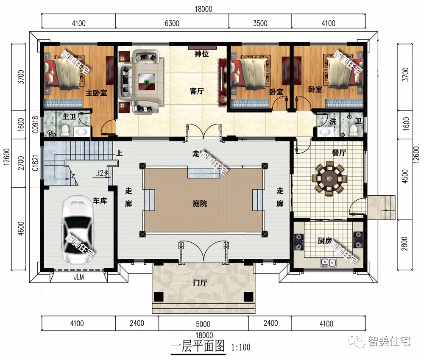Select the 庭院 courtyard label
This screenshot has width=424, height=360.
pyautogui.click(x=199, y=204)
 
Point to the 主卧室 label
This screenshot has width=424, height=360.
pyautogui.click(x=96, y=93)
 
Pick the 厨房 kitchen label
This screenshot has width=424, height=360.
pyautogui.click(x=324, y=241)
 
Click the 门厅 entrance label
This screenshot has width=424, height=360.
pyautogui.click(x=199, y=282)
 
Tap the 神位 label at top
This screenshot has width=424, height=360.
pyautogui.click(x=201, y=54)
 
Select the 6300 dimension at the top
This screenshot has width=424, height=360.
pyautogui.click(x=172, y=23)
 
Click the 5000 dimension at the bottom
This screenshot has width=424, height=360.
pyautogui.click(x=203, y=324)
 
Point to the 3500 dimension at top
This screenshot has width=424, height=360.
pyautogui.click(x=260, y=23)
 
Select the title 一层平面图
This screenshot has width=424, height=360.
pyautogui.click(x=197, y=346)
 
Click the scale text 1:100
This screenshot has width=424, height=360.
pyautogui.click(x=240, y=348)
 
